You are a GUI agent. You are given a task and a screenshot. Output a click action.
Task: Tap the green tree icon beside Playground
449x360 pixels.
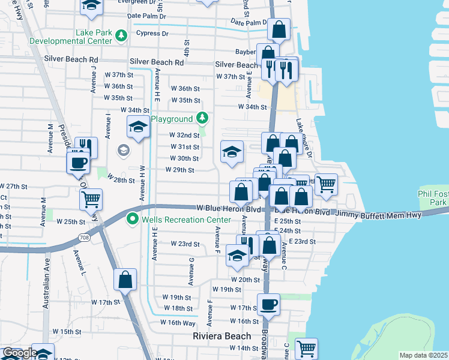(x=202, y=117)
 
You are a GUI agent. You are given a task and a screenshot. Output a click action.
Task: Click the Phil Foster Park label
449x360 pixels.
(x=433, y=199)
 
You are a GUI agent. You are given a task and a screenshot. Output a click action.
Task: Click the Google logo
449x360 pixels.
(x=19, y=353)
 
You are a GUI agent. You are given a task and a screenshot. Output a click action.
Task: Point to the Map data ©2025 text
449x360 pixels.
(x=423, y=355)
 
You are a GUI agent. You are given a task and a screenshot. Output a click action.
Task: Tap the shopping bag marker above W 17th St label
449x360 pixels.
(x=125, y=279)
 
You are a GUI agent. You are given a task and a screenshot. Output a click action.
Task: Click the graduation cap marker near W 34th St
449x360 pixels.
(x=138, y=127)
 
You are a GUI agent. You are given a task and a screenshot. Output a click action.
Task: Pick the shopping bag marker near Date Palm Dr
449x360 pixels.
(x=279, y=29)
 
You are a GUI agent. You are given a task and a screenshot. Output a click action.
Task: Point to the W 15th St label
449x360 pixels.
(x=66, y=331)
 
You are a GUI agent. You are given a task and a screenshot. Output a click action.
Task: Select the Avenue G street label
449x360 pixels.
(x=191, y=271)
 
